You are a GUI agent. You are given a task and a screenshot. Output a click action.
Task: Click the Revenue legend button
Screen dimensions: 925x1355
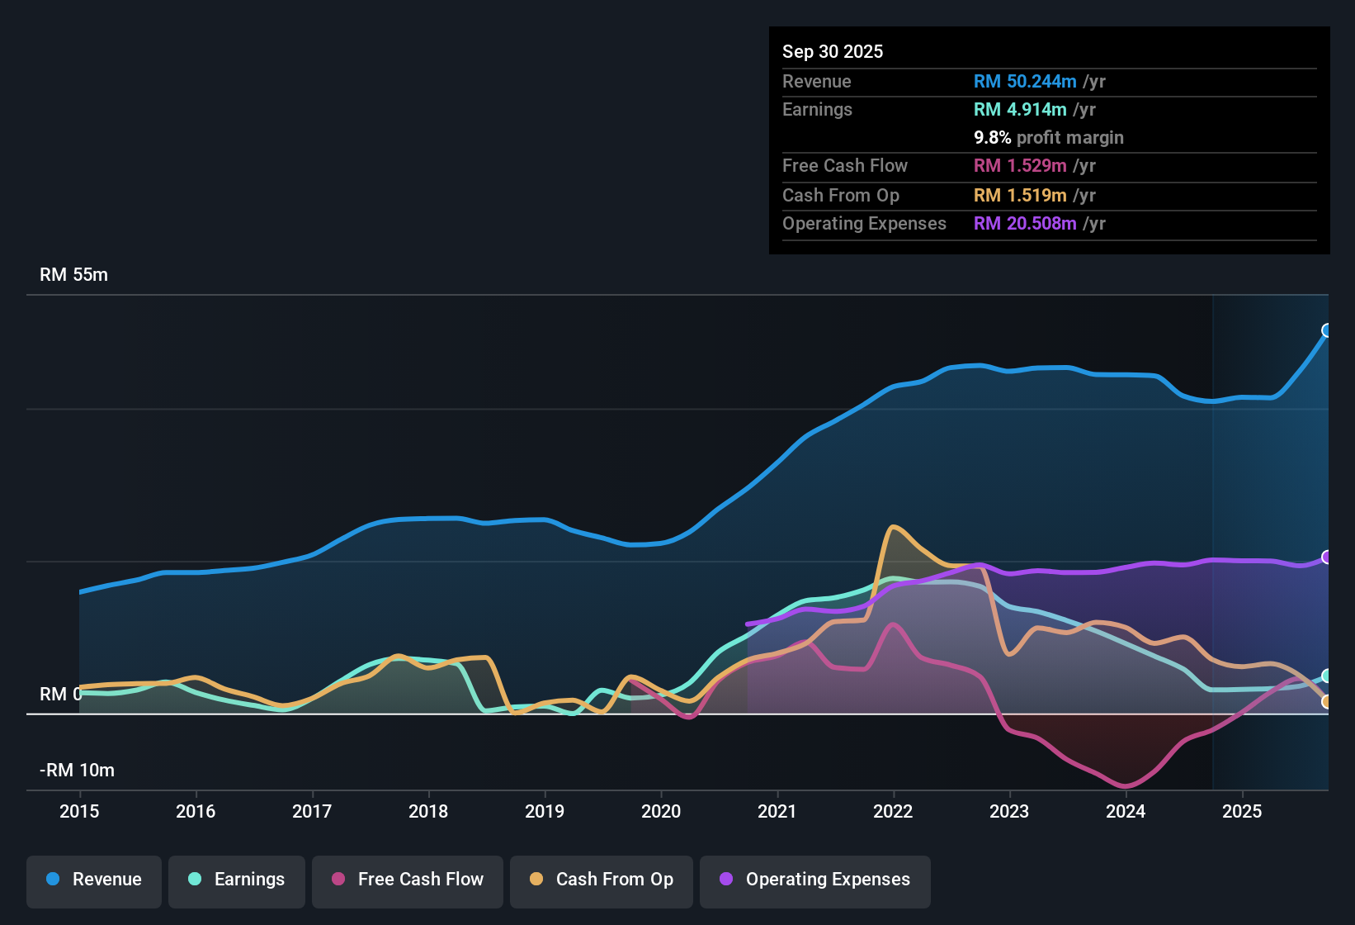94,880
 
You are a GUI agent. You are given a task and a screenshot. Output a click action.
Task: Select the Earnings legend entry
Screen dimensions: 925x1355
237,880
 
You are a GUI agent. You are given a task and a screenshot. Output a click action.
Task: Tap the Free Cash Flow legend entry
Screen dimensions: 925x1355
408,880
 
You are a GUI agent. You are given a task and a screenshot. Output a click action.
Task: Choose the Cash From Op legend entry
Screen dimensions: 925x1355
602,880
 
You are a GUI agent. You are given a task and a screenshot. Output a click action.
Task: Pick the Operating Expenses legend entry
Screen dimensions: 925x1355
815,880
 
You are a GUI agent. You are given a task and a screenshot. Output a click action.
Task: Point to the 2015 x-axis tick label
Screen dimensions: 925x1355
79,811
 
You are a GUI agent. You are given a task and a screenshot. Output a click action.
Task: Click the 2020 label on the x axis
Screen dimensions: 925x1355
661,811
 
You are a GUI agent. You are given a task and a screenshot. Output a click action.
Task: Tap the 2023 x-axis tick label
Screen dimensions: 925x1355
1009,811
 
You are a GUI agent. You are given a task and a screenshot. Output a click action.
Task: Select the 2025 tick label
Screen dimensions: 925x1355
1242,811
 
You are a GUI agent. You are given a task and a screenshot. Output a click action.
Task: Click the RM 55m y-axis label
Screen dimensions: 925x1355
73,275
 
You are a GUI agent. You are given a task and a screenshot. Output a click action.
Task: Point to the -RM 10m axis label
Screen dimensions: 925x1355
77,771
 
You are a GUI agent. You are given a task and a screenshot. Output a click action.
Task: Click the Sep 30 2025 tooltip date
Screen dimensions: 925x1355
833,52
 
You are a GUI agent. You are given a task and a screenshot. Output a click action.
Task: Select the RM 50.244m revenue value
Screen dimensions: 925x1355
1025,82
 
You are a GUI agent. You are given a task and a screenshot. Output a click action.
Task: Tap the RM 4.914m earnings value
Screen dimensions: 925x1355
1020,110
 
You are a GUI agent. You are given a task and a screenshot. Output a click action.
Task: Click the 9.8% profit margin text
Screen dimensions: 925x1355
1049,138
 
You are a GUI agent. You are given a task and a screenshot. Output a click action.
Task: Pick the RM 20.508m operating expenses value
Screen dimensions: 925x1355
1025,224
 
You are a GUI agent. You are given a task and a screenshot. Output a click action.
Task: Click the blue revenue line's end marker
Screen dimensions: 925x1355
1327,330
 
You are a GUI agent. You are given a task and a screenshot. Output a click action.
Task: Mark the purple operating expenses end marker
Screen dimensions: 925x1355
1327,557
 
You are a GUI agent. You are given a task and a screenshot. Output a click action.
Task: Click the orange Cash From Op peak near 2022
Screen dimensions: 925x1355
893,527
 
